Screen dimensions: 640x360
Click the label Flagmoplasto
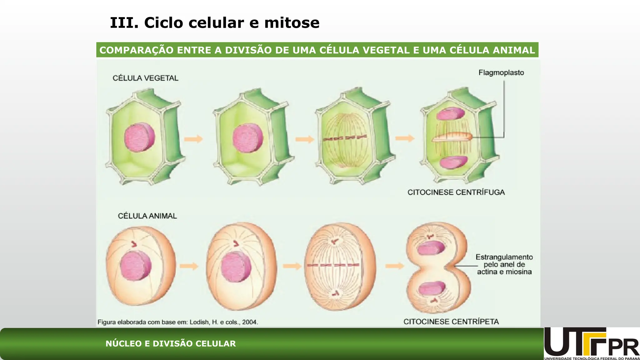[x=501, y=72]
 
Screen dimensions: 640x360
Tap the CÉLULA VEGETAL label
[x=145, y=78]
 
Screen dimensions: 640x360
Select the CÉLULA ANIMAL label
[x=147, y=216]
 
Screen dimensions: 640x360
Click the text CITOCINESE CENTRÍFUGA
[x=456, y=192]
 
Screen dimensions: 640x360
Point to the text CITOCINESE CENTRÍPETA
[x=451, y=322]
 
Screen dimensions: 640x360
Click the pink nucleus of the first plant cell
[x=139, y=137]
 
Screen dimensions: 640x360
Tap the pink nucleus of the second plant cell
[x=248, y=138]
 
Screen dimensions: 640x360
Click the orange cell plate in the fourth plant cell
[x=452, y=137]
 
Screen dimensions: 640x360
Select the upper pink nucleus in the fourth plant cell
[x=450, y=114]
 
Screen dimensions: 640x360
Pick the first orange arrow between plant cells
[x=193, y=139]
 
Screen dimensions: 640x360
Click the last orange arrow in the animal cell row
[x=394, y=266]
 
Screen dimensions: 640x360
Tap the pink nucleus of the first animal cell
[x=136, y=266]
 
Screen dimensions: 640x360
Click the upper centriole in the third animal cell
[x=335, y=241]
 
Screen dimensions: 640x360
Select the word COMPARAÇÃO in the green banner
[x=136, y=50]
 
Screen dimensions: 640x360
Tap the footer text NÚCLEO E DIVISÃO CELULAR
[x=171, y=344]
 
